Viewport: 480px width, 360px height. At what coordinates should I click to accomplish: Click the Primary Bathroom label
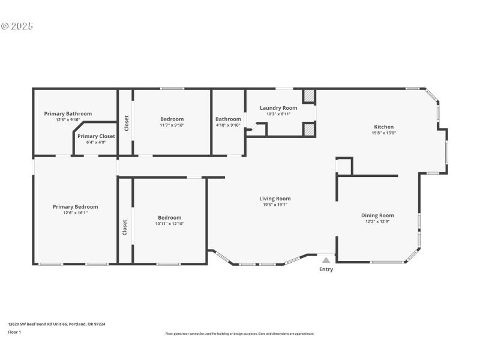point(68,113)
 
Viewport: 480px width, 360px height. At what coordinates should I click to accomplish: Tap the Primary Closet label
point(96,136)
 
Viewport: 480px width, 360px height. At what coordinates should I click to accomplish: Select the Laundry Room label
point(278,108)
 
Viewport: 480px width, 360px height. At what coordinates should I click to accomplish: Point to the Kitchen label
point(384,127)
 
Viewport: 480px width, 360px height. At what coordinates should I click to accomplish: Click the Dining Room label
point(377,215)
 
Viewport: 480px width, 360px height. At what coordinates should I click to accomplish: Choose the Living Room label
point(275,199)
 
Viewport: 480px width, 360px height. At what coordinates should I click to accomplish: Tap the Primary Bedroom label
point(75,207)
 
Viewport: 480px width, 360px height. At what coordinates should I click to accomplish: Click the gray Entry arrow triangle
point(326,260)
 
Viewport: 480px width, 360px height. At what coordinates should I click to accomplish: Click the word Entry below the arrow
point(326,269)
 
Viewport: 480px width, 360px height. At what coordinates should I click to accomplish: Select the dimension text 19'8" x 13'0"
point(384,133)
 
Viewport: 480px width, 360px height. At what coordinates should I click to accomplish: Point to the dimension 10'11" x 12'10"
point(169,224)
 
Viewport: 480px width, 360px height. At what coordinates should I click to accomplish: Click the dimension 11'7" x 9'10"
point(172,125)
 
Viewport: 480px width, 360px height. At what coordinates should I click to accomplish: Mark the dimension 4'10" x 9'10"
point(228,125)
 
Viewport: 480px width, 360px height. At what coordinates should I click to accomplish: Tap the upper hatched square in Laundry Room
point(308,96)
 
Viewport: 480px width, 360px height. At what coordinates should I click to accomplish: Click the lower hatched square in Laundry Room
point(308,129)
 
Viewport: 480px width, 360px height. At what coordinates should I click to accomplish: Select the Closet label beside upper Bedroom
point(126,123)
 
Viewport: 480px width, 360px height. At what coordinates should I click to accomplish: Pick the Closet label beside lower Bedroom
point(125,227)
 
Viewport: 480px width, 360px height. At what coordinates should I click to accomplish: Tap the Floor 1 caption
point(14,332)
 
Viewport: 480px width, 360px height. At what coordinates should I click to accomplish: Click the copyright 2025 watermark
point(17,26)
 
